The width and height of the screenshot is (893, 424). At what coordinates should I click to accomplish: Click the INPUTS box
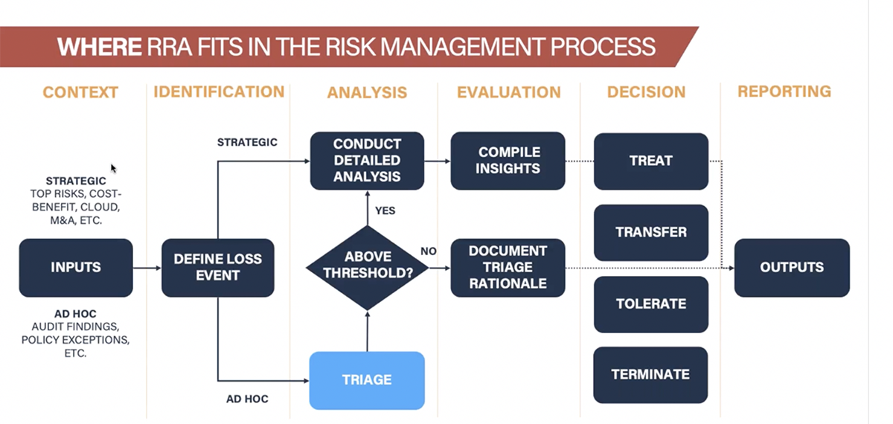click(x=75, y=268)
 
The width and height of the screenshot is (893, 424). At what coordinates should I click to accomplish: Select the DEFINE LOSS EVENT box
click(x=217, y=268)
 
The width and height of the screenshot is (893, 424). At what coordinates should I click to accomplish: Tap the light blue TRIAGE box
click(x=366, y=380)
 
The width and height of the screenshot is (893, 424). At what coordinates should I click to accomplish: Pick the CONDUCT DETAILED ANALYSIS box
click(x=367, y=161)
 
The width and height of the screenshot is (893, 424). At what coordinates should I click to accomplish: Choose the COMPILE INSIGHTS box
click(x=508, y=161)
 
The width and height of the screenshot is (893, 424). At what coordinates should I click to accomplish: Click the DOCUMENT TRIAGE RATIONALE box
click(x=508, y=267)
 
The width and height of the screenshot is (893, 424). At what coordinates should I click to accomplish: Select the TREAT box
click(x=650, y=161)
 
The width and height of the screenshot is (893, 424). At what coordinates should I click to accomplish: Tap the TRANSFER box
click(x=650, y=232)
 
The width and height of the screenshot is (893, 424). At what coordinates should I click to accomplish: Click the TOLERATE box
click(x=650, y=303)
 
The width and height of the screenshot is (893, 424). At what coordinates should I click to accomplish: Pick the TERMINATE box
click(x=650, y=375)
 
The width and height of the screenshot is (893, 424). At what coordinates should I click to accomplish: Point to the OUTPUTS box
click(x=792, y=268)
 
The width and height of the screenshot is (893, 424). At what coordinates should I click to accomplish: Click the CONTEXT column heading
click(x=80, y=92)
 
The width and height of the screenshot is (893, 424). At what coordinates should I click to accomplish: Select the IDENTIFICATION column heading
click(x=219, y=91)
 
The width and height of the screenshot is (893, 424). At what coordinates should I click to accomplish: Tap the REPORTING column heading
click(x=784, y=91)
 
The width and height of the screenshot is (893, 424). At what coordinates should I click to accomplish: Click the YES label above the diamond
click(x=385, y=211)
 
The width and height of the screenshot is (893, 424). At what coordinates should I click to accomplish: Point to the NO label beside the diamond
click(x=429, y=251)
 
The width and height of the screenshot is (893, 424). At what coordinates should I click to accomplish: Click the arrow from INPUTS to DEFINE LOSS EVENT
click(x=147, y=268)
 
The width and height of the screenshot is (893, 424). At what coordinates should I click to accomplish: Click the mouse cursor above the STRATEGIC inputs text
click(x=113, y=168)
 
